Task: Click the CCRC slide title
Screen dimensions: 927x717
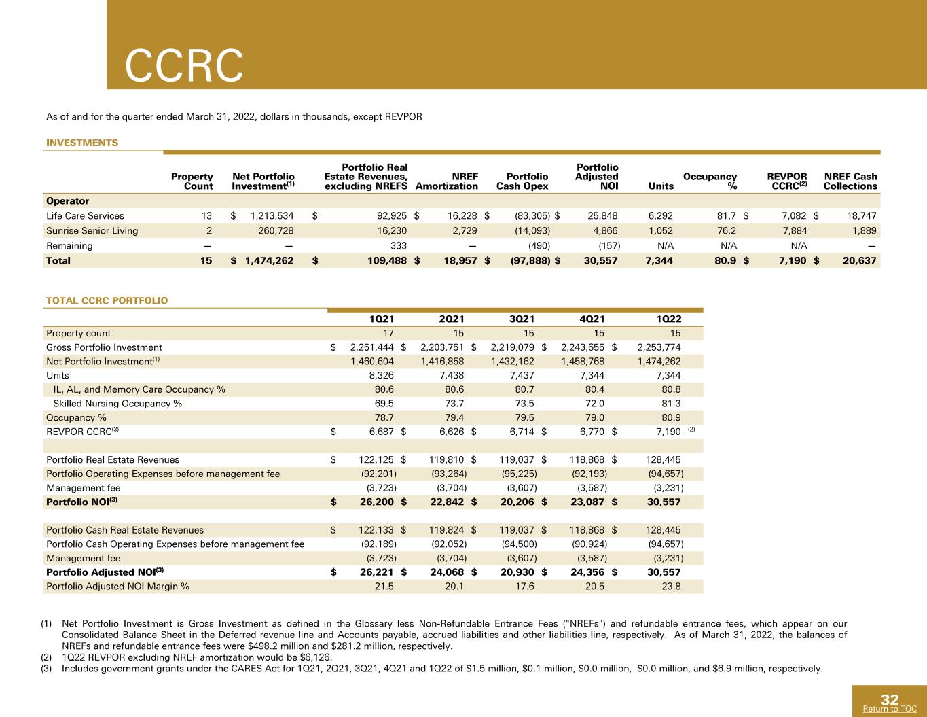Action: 184,65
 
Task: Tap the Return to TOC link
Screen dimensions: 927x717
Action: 890,708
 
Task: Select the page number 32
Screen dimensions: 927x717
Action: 890,699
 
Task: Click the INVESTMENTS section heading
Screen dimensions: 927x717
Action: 82,143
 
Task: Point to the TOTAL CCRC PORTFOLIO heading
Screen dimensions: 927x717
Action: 107,300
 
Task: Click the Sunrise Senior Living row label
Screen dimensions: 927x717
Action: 92,231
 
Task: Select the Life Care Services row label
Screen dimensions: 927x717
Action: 85,216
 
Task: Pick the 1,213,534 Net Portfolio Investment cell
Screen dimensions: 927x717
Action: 272,216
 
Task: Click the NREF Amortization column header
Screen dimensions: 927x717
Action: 447,181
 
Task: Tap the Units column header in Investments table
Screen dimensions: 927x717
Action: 661,186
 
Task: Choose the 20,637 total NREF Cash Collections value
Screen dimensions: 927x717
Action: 859,261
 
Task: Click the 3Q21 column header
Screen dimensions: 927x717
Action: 522,319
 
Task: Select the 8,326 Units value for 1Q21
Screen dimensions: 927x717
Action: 382,376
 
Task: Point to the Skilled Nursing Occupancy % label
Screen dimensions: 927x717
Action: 117,404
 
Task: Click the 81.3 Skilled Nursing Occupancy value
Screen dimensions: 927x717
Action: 671,404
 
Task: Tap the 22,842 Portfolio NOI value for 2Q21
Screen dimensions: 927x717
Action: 447,502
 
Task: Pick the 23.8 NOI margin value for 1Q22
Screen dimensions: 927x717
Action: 671,587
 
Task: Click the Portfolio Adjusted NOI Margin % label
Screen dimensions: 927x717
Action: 117,587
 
